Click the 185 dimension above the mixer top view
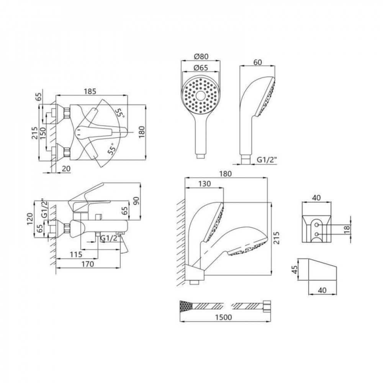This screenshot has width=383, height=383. click(90, 91)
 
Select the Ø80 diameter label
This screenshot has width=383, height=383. click(201, 56)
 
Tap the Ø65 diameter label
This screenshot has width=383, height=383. click(201, 68)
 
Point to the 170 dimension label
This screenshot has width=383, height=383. click(89, 264)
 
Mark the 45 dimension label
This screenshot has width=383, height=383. click(294, 270)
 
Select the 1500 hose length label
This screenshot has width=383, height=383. click(224, 318)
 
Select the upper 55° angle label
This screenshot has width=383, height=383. click(120, 113)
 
